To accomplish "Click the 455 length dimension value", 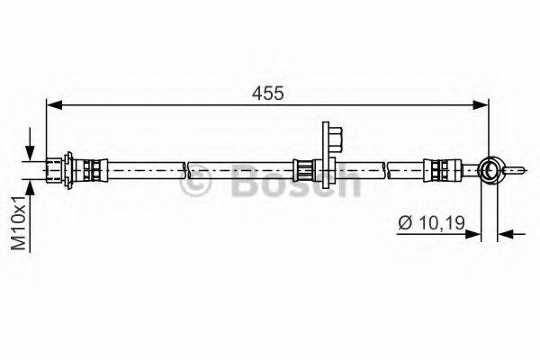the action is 268,93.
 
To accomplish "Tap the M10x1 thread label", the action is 19,223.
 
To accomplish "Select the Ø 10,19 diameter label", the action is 431,222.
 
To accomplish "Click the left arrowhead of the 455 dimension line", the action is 54,104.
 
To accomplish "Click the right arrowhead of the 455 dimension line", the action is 481,104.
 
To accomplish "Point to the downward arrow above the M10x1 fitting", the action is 31,144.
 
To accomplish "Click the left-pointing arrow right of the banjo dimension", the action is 511,234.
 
